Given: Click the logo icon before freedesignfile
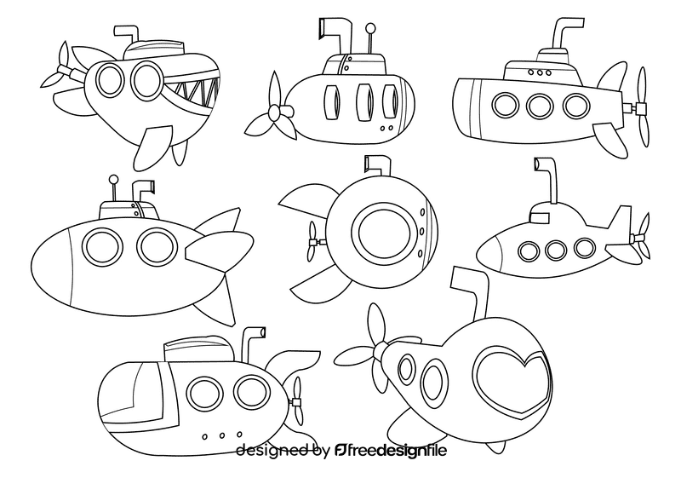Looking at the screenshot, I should coord(342,451).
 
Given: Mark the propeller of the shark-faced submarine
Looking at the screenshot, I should coord(59,72).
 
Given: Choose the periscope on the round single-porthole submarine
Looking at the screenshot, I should coord(375,165).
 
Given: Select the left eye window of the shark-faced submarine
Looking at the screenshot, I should coord(108,79).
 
